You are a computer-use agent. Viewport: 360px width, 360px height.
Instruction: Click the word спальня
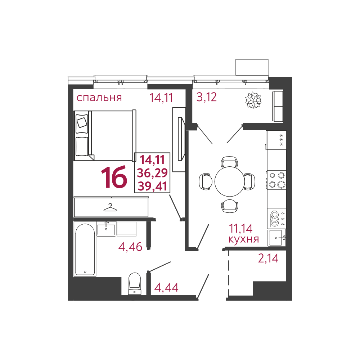tap(99, 97)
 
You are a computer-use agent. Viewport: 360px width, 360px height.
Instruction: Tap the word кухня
tap(244, 239)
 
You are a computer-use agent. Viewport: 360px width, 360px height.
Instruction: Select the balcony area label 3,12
tap(206, 97)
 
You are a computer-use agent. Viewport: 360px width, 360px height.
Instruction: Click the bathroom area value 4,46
tap(130, 247)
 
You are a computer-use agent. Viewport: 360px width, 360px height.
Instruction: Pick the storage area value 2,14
tap(268, 258)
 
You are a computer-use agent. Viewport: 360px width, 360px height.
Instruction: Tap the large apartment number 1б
tap(114, 178)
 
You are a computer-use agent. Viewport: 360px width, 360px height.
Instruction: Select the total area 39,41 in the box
tap(152, 186)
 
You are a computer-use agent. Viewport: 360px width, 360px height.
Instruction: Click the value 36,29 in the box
tap(152, 173)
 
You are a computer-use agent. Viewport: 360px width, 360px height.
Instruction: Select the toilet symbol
tap(135, 283)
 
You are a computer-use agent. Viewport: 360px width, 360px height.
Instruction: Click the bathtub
tap(85, 249)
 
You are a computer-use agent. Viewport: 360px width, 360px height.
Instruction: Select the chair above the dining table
tap(229, 162)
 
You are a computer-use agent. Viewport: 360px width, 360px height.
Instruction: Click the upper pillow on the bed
tap(82, 122)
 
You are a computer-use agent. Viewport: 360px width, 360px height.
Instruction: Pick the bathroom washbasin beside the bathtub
tap(106, 229)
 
